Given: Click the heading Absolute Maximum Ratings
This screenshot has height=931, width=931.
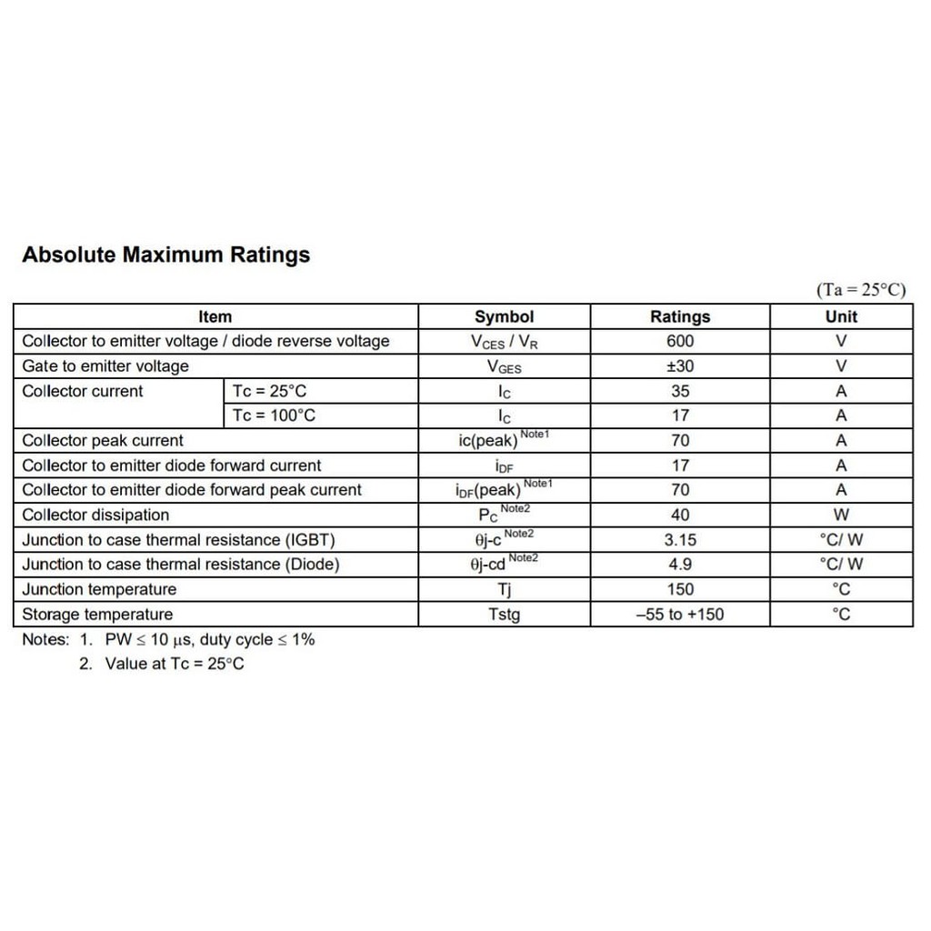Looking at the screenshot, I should point(165,255).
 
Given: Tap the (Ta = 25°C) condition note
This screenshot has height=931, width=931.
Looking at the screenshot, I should point(861,290).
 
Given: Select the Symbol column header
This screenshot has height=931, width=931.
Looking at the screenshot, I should point(504,317).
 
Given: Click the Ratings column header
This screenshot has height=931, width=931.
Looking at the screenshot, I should point(679,317).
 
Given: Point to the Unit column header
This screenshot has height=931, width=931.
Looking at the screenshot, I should point(841,317).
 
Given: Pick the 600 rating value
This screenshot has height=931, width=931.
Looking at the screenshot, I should point(679,342).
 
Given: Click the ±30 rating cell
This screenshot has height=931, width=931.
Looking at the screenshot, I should point(679,366).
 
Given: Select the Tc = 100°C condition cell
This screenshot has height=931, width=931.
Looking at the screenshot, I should point(275,416).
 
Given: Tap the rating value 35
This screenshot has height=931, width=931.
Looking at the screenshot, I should point(679,392).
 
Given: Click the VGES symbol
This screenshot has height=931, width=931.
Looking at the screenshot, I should point(504,367).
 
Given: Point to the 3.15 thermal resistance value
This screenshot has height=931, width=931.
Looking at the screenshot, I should point(679,540).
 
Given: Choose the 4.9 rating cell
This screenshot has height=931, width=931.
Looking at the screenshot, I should point(679,565).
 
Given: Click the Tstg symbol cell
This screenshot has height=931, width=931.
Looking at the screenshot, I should point(504,615).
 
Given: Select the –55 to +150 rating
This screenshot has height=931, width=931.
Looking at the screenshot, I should point(679,615).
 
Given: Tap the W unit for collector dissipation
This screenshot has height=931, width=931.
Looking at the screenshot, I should point(841,516).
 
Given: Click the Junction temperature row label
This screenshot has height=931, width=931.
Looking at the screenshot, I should point(99,589).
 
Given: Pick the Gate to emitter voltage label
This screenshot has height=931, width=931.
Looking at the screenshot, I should point(105,366).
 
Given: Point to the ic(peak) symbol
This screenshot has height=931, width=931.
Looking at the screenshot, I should point(489,442).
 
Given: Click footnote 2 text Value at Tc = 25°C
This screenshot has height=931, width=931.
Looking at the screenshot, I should point(174,664).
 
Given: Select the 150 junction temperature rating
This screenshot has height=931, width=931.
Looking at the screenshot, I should point(679,589).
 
